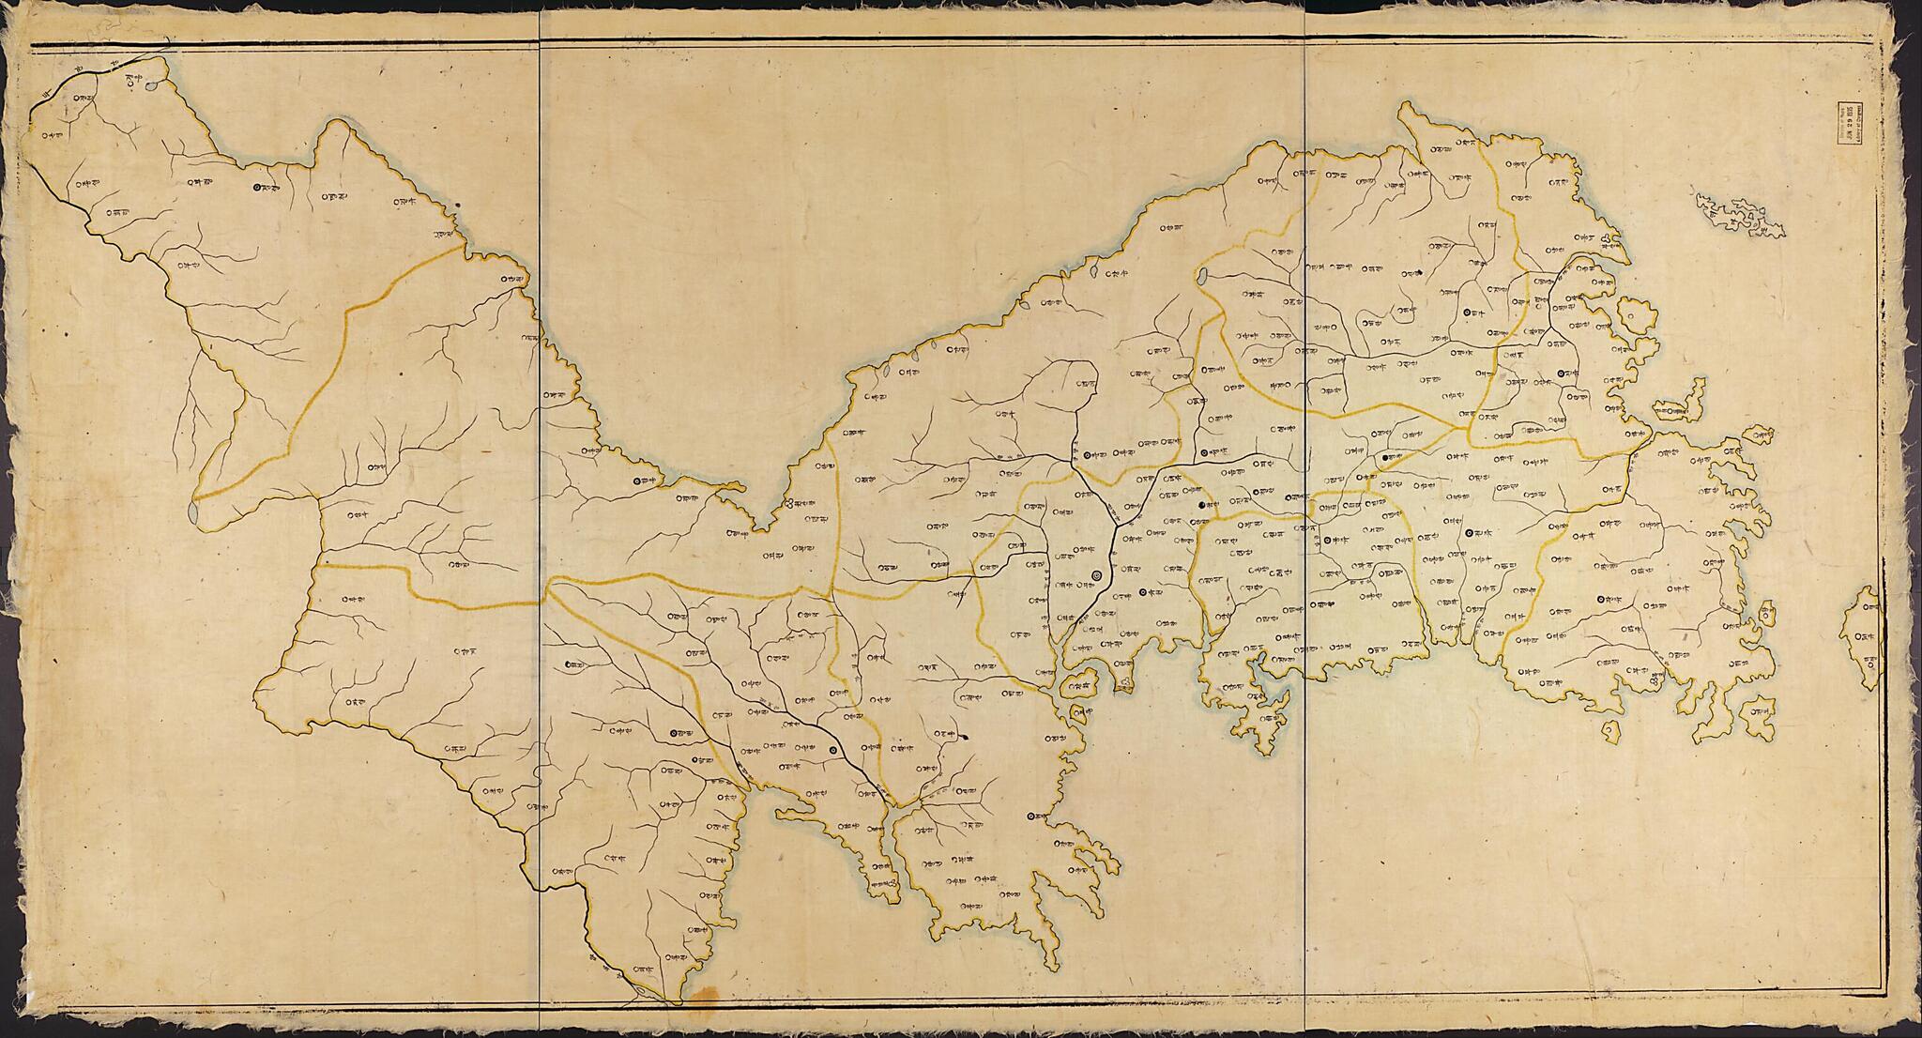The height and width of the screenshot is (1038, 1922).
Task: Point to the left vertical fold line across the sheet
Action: [x=540, y=516]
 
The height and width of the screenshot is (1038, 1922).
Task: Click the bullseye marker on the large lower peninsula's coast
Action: [x=1031, y=816]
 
